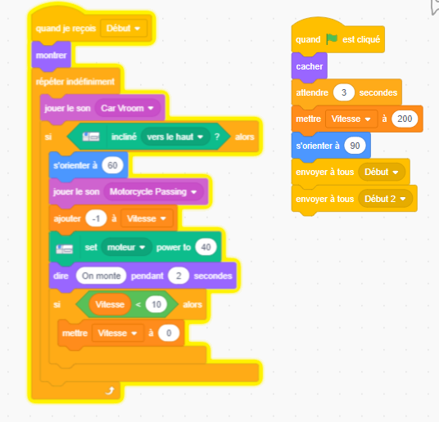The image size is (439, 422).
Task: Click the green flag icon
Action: click(332, 39)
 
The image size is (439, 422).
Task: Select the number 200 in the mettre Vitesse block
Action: click(405, 119)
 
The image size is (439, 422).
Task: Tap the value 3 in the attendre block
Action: click(344, 92)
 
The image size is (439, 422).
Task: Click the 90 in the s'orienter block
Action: click(355, 146)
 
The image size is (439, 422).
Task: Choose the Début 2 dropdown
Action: click(385, 199)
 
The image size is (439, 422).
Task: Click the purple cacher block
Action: click(310, 66)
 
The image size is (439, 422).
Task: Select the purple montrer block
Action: click(52, 56)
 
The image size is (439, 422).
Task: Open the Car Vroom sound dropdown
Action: click(128, 108)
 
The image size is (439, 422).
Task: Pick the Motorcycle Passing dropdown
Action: click(153, 191)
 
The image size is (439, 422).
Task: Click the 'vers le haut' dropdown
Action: click(175, 137)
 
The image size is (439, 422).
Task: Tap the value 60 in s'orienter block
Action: click(112, 165)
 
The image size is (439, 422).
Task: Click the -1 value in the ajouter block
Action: click(96, 218)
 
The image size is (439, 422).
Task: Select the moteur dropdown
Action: click(126, 247)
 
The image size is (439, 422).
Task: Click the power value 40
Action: click(206, 247)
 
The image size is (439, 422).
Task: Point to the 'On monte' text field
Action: click(101, 276)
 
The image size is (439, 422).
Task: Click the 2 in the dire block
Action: click(179, 276)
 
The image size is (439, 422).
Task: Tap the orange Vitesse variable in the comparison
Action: click(110, 304)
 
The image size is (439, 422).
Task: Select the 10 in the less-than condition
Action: click(156, 304)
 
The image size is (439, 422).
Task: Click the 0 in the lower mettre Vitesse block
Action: click(169, 333)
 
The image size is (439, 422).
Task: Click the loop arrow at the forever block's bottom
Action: click(110, 391)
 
